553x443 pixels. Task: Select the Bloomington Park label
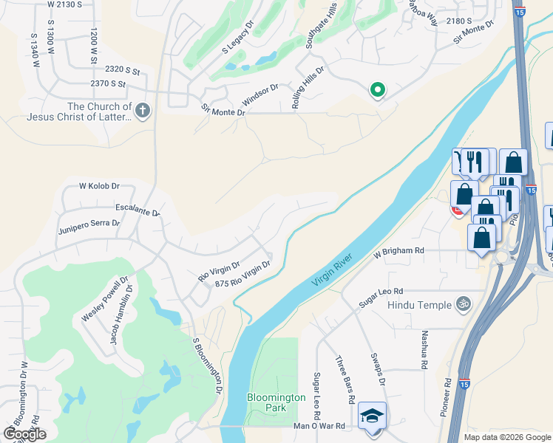[276, 402]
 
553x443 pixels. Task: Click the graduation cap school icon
[371, 416]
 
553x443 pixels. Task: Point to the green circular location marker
[377, 90]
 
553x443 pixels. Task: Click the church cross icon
[143, 111]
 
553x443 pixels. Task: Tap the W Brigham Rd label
[398, 251]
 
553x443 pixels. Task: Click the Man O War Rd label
[319, 426]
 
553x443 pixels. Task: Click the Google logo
[24, 434]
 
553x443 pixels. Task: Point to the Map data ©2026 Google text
[506, 437]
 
